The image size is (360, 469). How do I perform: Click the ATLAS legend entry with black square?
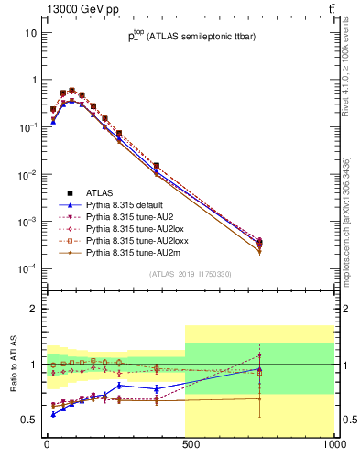point(101,193)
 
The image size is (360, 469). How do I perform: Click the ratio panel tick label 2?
point(33,309)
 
